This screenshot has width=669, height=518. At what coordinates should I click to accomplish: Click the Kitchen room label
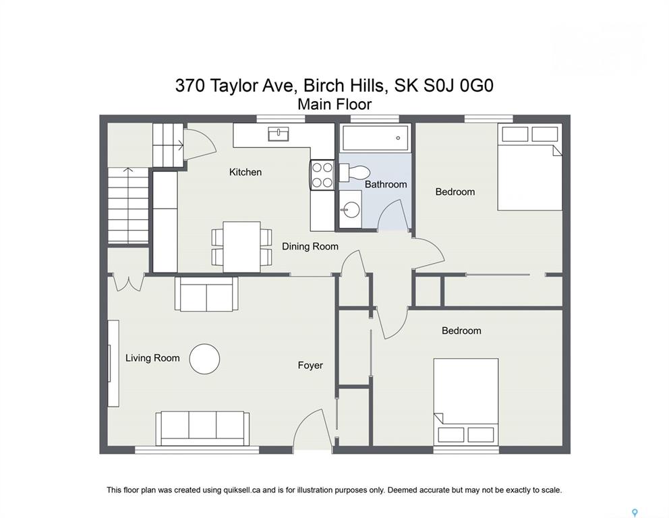245,172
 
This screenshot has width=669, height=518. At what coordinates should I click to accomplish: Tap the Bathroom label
386,184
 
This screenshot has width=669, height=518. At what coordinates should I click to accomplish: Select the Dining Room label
310,246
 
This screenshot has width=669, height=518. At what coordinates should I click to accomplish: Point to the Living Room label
152,358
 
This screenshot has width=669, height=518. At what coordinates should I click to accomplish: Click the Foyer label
310,366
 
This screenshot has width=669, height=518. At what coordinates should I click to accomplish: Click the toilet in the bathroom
355,173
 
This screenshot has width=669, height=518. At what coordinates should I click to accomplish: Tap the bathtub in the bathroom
376,138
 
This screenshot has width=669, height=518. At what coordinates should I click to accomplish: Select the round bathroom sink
351,210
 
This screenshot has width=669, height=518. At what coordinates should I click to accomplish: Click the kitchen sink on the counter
279,134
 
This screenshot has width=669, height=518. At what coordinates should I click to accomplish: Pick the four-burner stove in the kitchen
322,175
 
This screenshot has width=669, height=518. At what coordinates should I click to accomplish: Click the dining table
242,247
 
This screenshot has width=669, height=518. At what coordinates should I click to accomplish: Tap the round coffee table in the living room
204,359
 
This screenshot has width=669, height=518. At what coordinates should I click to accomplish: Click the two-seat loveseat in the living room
206,294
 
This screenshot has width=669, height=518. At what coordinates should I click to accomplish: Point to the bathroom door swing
392,215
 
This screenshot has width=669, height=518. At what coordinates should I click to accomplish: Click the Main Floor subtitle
334,104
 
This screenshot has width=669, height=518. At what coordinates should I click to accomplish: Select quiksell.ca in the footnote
242,490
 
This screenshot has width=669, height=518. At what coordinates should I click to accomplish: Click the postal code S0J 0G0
459,86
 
